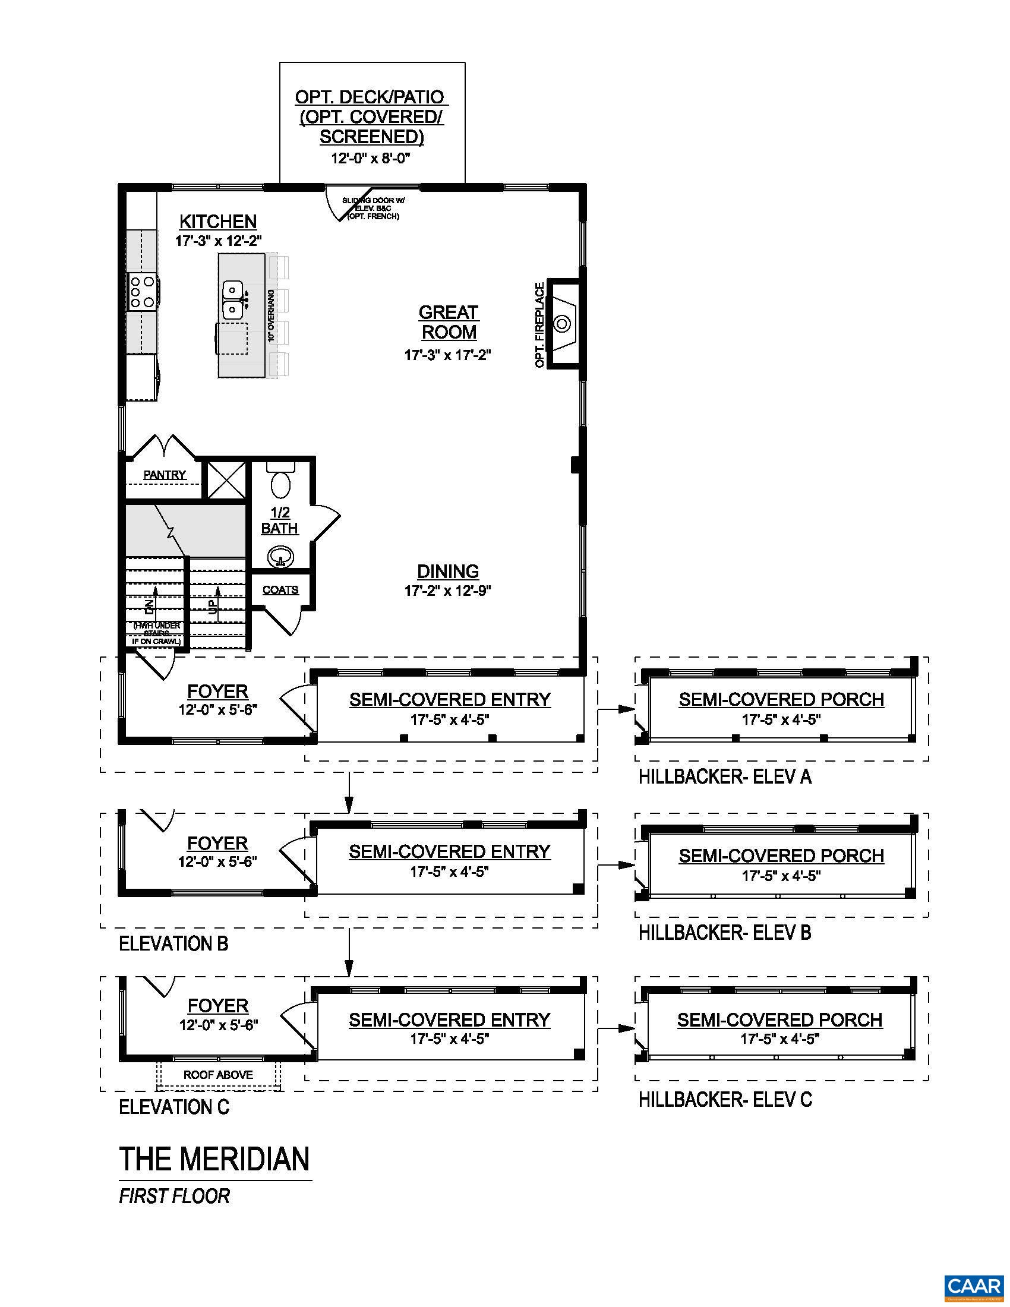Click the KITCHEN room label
pyautogui.click(x=218, y=222)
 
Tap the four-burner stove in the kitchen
pyautogui.click(x=143, y=292)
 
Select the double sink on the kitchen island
pyautogui.click(x=232, y=300)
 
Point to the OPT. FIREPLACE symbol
pyautogui.click(x=562, y=324)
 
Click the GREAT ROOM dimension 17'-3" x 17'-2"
pyautogui.click(x=447, y=355)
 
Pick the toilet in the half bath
pyautogui.click(x=280, y=482)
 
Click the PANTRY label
pyautogui.click(x=165, y=475)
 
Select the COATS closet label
pyautogui.click(x=280, y=590)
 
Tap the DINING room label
pyautogui.click(x=447, y=572)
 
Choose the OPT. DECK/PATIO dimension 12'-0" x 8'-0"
pyautogui.click(x=372, y=159)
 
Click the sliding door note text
pyautogui.click(x=373, y=209)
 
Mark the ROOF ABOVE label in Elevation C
pyautogui.click(x=218, y=1075)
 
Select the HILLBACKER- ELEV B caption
pyautogui.click(x=725, y=932)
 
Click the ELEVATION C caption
pyautogui.click(x=174, y=1107)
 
